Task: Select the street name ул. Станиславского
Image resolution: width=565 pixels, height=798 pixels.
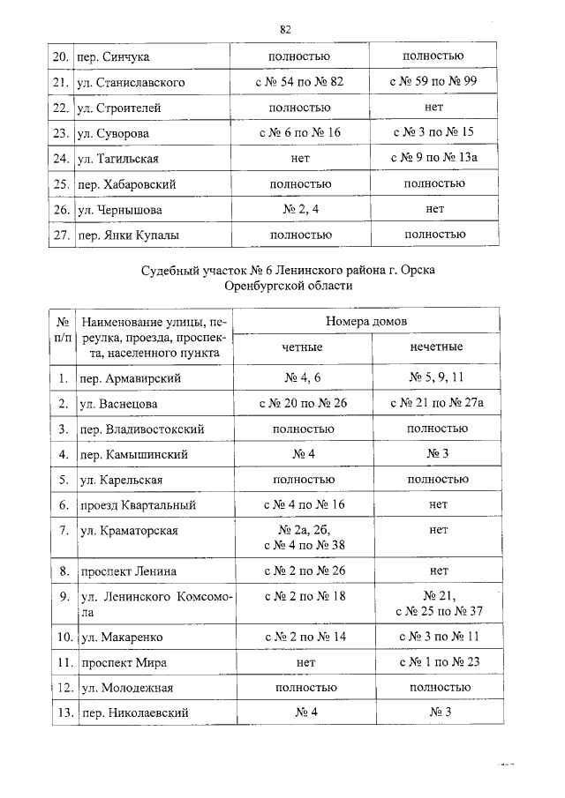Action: (x=131, y=82)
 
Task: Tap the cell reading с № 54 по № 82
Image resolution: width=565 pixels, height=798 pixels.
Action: (x=298, y=82)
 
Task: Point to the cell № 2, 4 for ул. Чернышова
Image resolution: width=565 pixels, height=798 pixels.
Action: (x=298, y=210)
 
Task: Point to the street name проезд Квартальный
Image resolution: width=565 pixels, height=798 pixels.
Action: (x=138, y=505)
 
